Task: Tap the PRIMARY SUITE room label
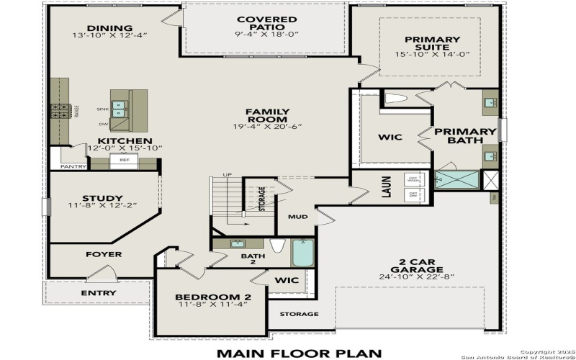(432, 45)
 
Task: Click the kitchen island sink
(120, 109)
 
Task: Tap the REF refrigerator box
(124, 160)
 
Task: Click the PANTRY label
(73, 167)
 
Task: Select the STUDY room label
(102, 198)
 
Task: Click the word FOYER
(104, 254)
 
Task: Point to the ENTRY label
(97, 293)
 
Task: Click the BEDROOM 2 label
(212, 297)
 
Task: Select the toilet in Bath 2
(276, 245)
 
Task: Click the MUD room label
(297, 216)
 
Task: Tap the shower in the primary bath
(457, 179)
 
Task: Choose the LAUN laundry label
(386, 188)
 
